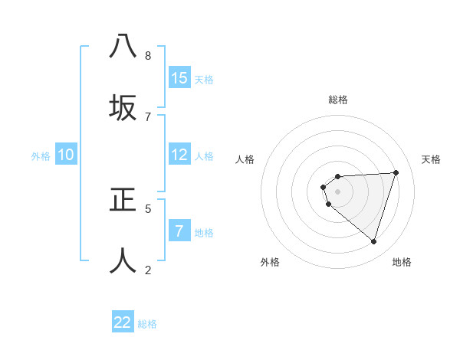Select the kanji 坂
[x=123, y=108]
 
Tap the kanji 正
[x=123, y=200]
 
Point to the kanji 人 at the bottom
[x=123, y=260]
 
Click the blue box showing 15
[x=179, y=78]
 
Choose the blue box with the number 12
[x=179, y=155]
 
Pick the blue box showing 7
[x=179, y=231]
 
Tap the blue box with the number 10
[x=66, y=155]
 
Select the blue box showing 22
[x=123, y=322]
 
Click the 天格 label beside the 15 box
[x=204, y=80]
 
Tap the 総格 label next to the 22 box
[x=147, y=324]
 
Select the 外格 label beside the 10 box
[x=41, y=156]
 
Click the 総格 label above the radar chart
[x=338, y=100]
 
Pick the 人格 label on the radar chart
[x=245, y=159]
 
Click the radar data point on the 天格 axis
[x=396, y=172]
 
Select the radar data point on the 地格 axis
[x=373, y=241]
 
